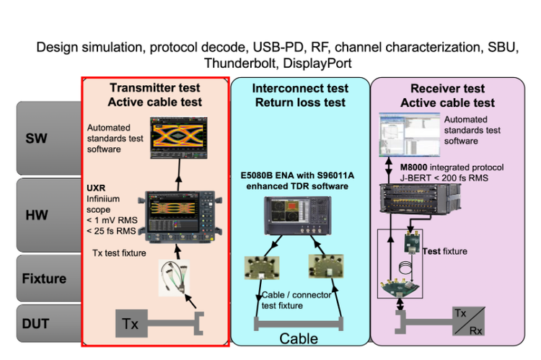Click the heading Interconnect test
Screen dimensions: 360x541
click(299, 88)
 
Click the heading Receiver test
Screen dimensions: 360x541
click(447, 88)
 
